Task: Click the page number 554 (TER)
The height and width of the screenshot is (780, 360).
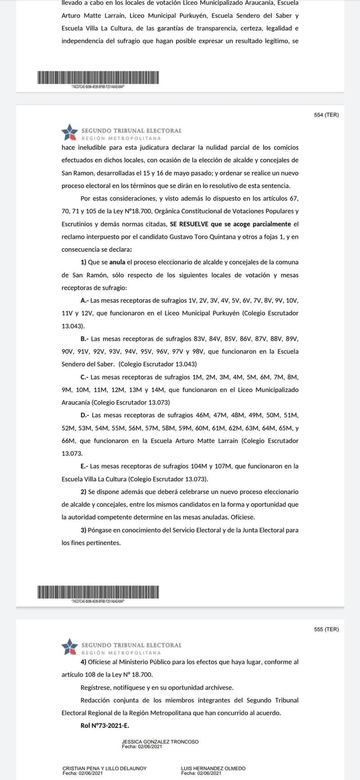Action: pos(326,115)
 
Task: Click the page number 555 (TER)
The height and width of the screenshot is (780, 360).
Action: pos(326,629)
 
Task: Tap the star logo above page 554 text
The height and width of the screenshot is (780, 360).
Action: pos(70,132)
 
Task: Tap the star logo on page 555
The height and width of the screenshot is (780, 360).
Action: pos(70,646)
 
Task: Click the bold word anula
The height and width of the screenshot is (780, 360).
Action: pos(117,262)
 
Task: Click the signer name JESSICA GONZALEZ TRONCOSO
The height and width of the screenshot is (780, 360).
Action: pos(160,742)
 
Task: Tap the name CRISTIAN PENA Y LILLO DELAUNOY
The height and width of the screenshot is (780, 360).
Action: pos(104,769)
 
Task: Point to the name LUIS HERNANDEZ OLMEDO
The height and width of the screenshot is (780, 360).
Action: pos(213,769)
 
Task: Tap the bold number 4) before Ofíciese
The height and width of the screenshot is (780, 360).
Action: pos(83,662)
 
